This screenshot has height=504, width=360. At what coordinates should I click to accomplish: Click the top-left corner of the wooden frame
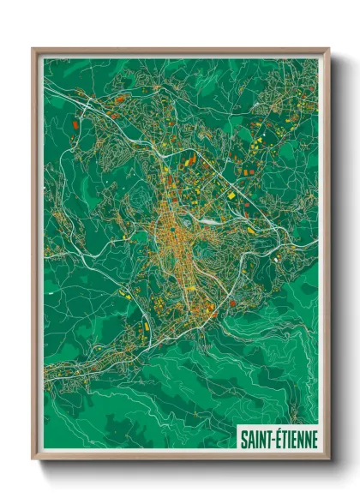pos(33,50)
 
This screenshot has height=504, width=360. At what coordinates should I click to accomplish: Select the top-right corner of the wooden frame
pos(327,50)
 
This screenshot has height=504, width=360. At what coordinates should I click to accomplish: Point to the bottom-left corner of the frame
pos(33,459)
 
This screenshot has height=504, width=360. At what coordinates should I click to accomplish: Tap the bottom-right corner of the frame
pos(327,459)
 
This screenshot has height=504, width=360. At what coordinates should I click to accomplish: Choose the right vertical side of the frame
pos(327,257)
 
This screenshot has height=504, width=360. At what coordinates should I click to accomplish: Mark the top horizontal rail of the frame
pos(180,51)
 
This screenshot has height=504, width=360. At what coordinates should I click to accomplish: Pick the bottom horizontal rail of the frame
pos(180,458)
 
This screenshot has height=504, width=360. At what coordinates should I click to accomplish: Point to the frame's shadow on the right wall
pos(333,257)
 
